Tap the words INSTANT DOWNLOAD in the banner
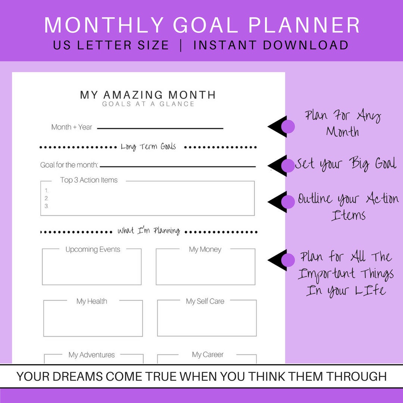271,45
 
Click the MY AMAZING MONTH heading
148,94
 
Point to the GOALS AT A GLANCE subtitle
148,104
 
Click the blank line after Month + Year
160,128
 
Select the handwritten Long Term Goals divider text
148,147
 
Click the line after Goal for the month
178,166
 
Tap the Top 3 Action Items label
89,180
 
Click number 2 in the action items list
47,199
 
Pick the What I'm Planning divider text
149,231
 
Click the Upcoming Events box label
93,250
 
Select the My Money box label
205,250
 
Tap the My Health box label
92,301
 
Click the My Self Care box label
205,301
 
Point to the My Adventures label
92,355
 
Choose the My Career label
208,354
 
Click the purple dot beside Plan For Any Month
287,126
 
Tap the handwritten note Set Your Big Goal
346,164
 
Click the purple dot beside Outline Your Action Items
287,201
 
